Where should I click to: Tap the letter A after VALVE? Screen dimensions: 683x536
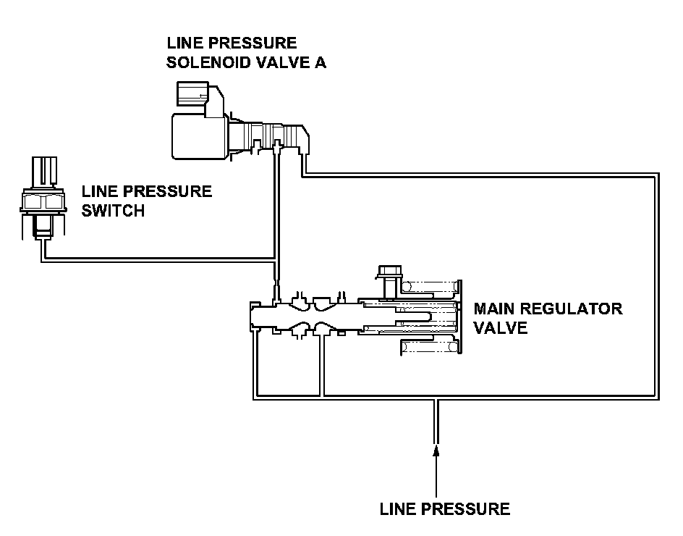320,62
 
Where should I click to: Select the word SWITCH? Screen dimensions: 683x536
113,211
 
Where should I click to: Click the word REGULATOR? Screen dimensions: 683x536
572,309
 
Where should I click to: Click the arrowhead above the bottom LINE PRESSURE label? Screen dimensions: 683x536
436,450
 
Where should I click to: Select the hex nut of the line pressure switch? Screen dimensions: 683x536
43,201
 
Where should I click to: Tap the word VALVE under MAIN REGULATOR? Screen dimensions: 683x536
501,328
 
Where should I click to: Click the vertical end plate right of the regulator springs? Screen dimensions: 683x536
459,317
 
